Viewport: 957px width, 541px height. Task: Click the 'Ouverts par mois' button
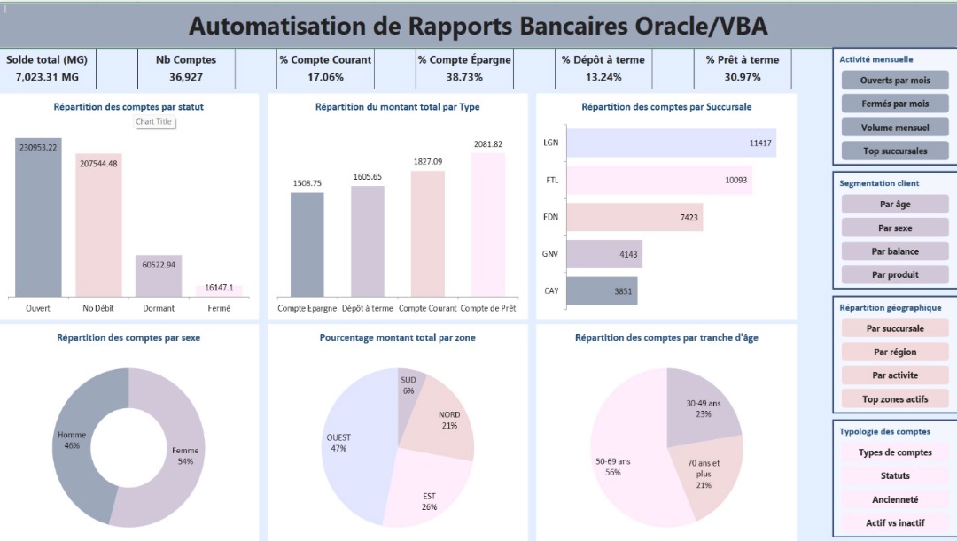(894, 81)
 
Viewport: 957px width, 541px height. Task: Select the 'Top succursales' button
(894, 151)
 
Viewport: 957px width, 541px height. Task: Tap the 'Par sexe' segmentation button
(894, 228)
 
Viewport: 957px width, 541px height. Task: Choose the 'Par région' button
(894, 352)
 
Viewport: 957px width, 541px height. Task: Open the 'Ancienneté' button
(894, 499)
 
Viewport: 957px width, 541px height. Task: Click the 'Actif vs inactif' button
(894, 522)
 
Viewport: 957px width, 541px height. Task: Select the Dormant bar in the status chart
(159, 276)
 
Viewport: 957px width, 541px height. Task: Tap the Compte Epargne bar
(307, 244)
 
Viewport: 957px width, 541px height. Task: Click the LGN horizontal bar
(671, 143)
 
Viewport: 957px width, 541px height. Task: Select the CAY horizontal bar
(602, 290)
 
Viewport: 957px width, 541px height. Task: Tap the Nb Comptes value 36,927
(186, 77)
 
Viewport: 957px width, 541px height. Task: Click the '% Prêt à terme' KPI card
(743, 68)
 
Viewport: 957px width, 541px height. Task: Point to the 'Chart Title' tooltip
(154, 121)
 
